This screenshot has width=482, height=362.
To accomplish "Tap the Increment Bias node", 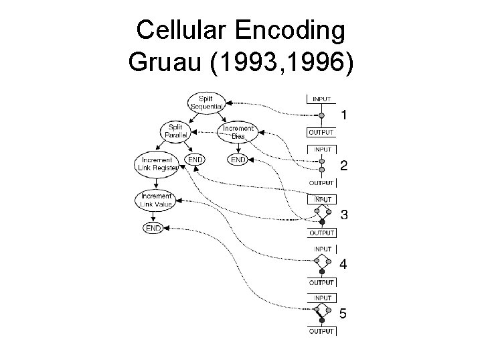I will tap(237, 131).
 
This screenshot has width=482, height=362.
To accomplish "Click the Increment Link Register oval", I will tap(155, 164).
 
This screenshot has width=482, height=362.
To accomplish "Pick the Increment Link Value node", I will tap(155, 199).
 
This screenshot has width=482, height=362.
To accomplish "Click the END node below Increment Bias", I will tap(238, 160).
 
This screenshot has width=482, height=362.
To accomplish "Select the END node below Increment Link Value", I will tap(153, 228).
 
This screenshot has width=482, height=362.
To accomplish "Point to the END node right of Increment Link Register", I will tap(195, 160).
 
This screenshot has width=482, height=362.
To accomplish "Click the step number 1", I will tap(343, 115).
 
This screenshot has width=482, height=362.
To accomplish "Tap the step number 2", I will tap(343, 165).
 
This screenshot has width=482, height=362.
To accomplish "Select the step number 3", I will tap(343, 215).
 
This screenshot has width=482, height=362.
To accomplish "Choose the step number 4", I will tap(343, 264).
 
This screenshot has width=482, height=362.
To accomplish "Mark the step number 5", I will tap(343, 313).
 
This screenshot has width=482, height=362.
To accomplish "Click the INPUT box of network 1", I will tap(321, 99).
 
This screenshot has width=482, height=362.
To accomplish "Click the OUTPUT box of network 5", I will tap(321, 331).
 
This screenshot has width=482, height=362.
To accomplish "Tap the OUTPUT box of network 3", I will tap(321, 233).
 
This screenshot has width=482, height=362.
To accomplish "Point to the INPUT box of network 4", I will tap(321, 249).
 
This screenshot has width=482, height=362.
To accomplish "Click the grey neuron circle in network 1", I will tap(321, 115).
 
